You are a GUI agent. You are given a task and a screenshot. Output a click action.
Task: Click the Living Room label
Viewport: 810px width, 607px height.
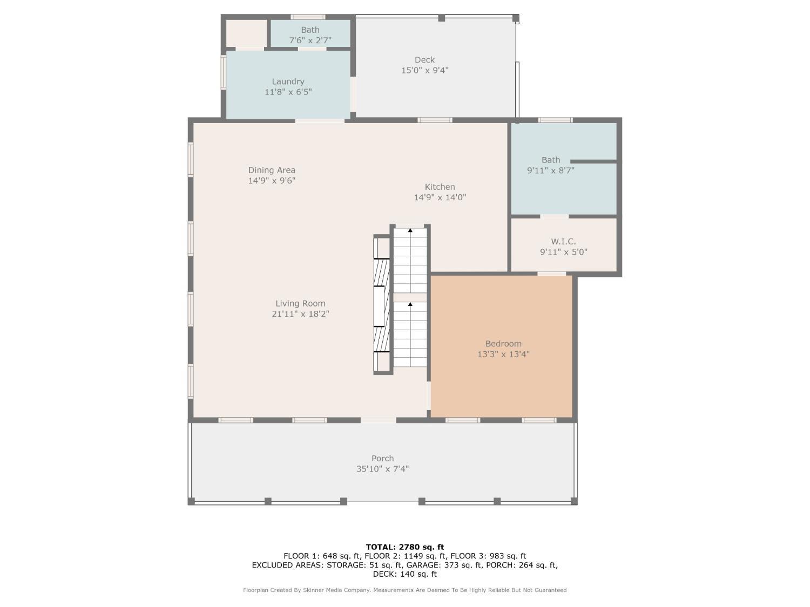pos(300,303)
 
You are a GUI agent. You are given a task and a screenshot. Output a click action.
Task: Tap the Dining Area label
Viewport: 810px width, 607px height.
pos(272,170)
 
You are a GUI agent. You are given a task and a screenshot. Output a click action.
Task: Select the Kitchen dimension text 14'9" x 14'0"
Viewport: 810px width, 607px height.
pos(440,197)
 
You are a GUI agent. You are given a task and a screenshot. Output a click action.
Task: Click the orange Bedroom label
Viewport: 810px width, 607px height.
pos(503,344)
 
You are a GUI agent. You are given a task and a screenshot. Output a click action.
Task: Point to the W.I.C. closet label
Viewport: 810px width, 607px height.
pos(564,241)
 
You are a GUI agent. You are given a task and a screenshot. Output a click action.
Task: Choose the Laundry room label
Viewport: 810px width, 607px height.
pos(288,81)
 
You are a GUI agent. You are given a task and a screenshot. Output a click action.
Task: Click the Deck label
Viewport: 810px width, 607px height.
pos(425,60)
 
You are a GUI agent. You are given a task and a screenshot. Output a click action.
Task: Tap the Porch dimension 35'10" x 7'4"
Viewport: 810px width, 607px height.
pos(383,469)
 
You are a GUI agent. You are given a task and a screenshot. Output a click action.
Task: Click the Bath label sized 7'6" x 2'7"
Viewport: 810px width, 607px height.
pos(310,30)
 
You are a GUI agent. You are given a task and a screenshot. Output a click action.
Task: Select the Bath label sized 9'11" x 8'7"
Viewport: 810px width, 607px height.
pos(551,160)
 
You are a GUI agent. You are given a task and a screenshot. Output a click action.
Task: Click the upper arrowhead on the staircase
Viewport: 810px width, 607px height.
pos(410,230)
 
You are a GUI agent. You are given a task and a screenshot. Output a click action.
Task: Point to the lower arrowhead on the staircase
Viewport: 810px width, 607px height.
pos(410,304)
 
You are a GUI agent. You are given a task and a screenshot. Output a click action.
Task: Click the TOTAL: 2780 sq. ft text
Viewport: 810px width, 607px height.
pos(405,547)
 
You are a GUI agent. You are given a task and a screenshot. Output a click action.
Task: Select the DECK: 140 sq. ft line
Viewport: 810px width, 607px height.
pos(405,574)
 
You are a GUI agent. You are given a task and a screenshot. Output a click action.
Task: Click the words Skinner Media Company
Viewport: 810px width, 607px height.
pos(336,590)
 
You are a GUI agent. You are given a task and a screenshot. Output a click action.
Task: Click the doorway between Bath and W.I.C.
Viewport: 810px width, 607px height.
pos(554,216)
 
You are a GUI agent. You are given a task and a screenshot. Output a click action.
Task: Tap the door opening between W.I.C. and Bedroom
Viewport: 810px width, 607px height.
pos(551,274)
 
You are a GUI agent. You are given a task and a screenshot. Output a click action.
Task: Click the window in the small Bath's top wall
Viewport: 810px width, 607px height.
pos(308,17)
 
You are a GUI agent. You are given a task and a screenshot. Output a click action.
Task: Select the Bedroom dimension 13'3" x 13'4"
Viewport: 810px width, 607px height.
pos(503,354)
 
